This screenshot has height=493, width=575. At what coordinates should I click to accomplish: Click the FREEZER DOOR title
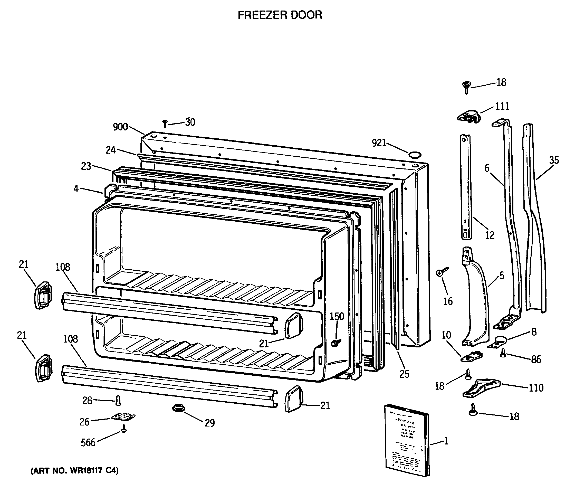pyautogui.click(x=280, y=15)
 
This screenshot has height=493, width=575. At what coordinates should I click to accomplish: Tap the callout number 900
pyautogui.click(x=120, y=127)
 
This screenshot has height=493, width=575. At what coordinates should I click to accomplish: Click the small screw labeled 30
pyautogui.click(x=165, y=124)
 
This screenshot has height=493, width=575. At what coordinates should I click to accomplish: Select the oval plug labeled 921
pyautogui.click(x=414, y=155)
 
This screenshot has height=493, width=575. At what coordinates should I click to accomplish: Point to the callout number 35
pyautogui.click(x=554, y=160)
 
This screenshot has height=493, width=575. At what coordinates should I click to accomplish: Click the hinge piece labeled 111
pyautogui.click(x=469, y=116)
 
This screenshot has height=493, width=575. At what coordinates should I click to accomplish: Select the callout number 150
pyautogui.click(x=337, y=316)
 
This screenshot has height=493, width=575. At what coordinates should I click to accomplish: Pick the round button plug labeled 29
pyautogui.click(x=178, y=408)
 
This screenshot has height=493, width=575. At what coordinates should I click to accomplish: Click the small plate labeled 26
pyautogui.click(x=123, y=417)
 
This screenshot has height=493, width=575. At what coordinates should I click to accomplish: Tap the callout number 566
pyautogui.click(x=88, y=442)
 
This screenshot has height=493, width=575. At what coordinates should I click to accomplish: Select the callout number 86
pyautogui.click(x=536, y=359)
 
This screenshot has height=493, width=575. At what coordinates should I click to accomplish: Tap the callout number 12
pyautogui.click(x=490, y=235)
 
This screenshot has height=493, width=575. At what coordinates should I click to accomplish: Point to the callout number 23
pyautogui.click(x=86, y=166)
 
